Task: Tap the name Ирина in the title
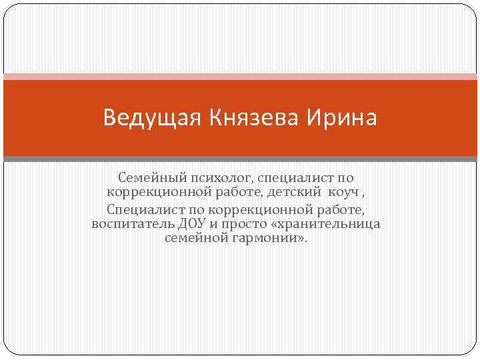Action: click(342, 119)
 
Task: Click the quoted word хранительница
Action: click(331, 223)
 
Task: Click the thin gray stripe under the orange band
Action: click(240, 159)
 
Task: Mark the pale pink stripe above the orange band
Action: click(240, 77)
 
